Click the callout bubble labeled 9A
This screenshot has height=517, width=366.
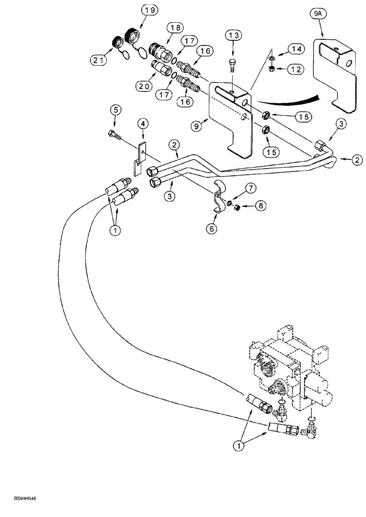tap(322, 24)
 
